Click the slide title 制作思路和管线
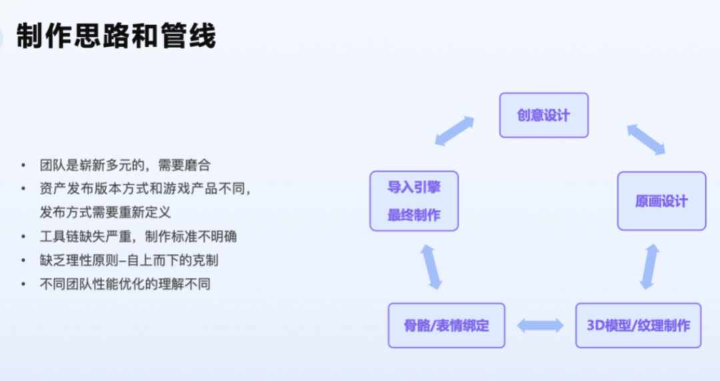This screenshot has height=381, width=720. click(116, 35)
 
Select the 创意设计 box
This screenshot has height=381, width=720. click(544, 115)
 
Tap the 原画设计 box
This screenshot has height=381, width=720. click(661, 201)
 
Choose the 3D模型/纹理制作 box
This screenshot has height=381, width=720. click(638, 326)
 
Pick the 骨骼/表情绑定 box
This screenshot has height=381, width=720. click(446, 326)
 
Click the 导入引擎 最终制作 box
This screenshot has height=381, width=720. click(414, 201)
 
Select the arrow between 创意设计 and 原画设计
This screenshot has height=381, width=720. click(646, 140)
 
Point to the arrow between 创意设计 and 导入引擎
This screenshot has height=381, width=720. click(454, 131)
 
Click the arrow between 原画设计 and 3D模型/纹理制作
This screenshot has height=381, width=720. click(650, 266)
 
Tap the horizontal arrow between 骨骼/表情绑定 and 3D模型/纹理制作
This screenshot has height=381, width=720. click(540, 326)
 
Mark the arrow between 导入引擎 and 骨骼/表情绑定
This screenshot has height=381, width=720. click(431, 266)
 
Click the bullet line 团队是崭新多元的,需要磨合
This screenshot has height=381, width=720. click(125, 165)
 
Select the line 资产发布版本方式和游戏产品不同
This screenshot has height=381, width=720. click(145, 189)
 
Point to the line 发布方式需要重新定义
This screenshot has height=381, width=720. click(105, 212)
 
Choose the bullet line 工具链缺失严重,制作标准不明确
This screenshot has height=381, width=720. click(138, 236)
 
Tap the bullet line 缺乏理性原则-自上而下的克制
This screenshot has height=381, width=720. click(129, 260)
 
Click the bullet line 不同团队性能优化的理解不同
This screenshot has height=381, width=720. click(125, 284)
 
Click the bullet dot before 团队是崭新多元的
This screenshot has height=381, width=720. click(23, 165)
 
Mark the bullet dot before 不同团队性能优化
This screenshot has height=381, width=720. click(23, 284)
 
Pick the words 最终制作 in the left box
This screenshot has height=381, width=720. click(414, 215)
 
